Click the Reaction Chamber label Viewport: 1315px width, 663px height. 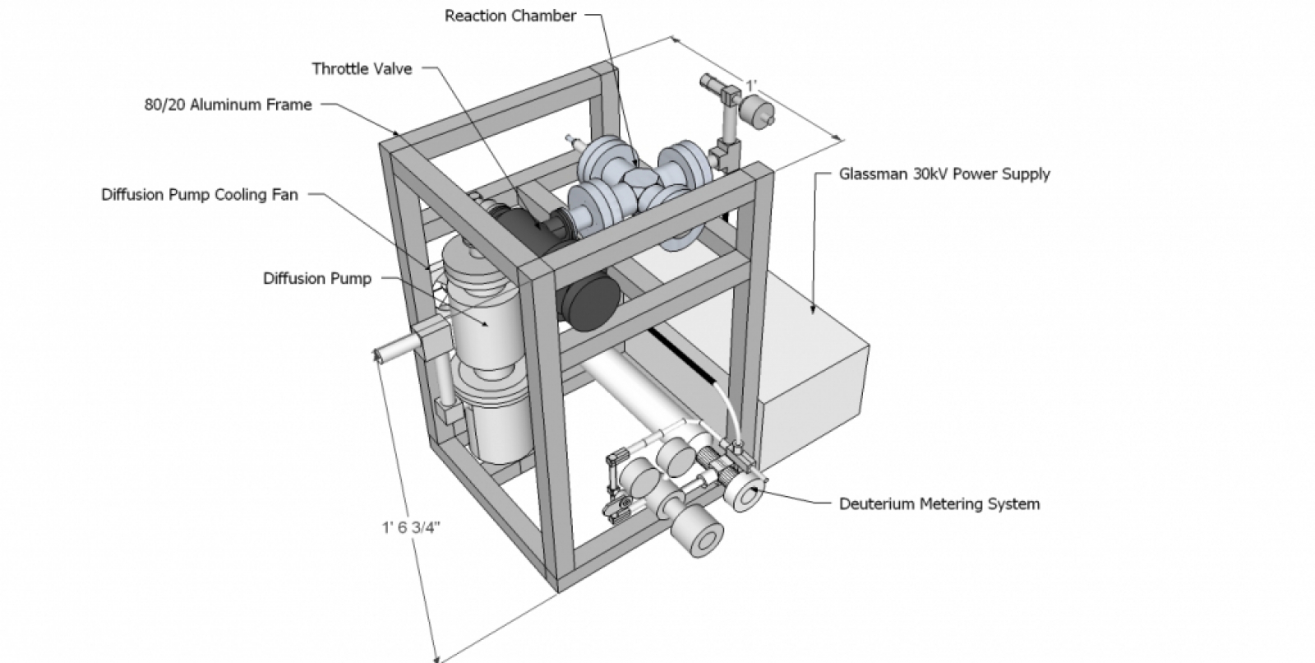[x=510, y=16]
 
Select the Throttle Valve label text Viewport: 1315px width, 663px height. [x=362, y=68]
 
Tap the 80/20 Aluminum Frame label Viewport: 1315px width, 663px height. [x=228, y=104]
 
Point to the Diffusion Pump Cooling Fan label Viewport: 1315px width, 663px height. [x=200, y=195]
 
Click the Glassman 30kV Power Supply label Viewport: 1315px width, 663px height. [x=944, y=174]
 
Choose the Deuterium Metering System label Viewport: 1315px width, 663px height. [x=939, y=503]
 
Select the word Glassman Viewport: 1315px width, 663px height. [x=874, y=174]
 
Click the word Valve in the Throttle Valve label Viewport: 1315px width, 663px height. [x=392, y=68]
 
